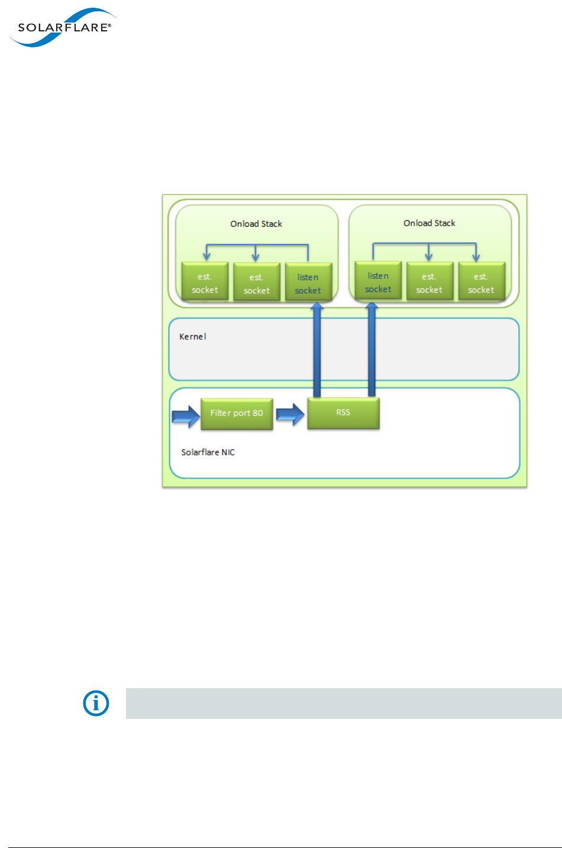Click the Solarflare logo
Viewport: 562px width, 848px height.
(x=63, y=27)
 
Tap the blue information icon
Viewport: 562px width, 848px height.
(x=96, y=703)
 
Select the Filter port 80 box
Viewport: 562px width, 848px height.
(x=237, y=413)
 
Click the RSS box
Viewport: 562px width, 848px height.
(x=343, y=413)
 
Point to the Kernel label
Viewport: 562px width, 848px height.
(x=193, y=336)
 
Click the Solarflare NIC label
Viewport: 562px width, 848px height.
(x=208, y=452)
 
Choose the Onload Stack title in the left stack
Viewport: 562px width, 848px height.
(x=256, y=224)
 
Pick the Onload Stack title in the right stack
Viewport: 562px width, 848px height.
(x=429, y=223)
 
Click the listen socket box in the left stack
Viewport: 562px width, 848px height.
(x=308, y=283)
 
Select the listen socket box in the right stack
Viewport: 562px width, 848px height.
(x=378, y=282)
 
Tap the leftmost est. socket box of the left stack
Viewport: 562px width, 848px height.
(x=205, y=282)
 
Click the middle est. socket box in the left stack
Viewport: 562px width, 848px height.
(x=256, y=283)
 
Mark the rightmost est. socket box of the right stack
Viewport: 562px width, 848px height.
(x=481, y=282)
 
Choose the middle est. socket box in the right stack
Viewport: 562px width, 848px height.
(x=429, y=282)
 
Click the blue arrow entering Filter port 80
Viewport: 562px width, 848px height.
(x=186, y=416)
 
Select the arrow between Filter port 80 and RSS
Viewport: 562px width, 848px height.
(x=290, y=415)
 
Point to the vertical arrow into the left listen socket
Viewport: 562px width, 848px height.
(x=317, y=349)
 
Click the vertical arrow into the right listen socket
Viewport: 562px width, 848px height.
(x=372, y=349)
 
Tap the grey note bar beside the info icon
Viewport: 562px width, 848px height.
(x=344, y=703)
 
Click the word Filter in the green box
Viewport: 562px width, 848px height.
(x=221, y=413)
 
